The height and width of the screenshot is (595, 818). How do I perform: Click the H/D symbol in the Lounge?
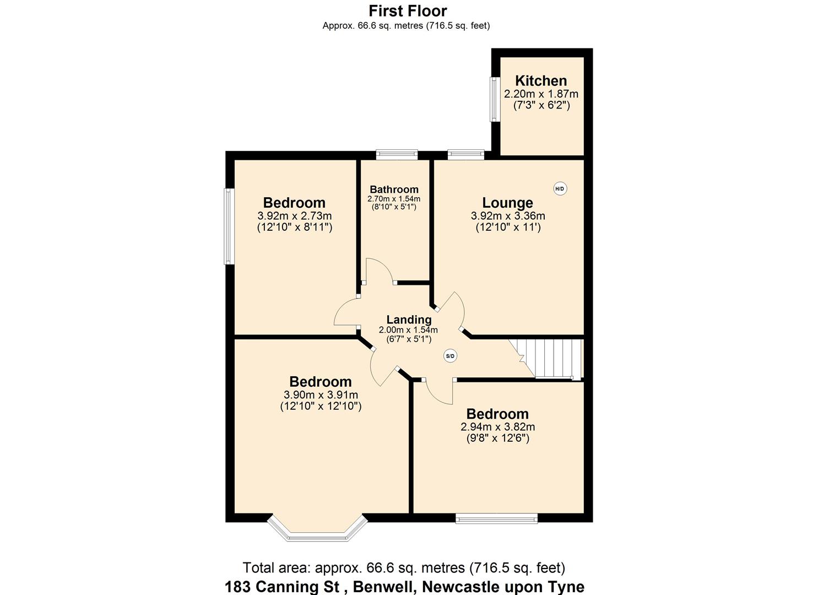tap(560, 189)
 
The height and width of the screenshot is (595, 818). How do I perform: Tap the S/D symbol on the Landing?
tap(450, 356)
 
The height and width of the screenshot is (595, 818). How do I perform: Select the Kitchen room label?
tap(540, 80)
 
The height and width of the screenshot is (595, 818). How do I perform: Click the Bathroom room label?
tap(394, 190)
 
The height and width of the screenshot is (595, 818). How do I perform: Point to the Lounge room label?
tap(507, 203)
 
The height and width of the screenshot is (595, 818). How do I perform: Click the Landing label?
tap(409, 320)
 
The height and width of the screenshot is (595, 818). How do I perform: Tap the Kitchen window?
tap(494, 99)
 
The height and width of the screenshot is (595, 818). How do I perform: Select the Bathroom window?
tap(397, 155)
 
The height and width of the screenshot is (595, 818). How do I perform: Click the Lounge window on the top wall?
tap(466, 155)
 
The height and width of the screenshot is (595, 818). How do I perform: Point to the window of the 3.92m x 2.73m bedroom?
tap(229, 226)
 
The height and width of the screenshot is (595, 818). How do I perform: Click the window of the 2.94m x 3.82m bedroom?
tap(496, 518)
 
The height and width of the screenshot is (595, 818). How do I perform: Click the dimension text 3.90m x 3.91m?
tap(321, 395)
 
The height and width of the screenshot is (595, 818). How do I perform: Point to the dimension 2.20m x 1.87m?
tap(541, 94)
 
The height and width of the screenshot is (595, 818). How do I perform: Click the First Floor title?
tap(408, 10)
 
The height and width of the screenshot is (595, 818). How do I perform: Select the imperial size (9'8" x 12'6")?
tap(497, 439)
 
